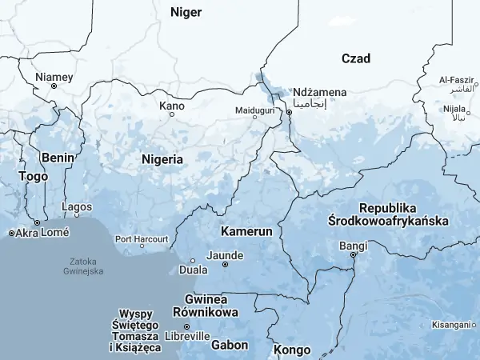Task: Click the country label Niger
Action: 186,12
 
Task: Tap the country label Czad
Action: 356,58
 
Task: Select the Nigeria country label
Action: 162,159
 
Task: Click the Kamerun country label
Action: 247,230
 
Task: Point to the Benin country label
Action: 58,157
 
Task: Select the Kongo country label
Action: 292,350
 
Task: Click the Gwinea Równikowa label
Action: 210,306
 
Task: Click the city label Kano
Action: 172,106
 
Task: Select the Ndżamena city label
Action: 320,92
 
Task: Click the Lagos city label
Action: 77,207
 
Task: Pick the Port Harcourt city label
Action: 142,239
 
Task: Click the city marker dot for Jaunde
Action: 225,264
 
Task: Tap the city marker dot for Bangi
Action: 352,255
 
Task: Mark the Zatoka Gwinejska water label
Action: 84,266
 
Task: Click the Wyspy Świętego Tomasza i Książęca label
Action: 141,330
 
